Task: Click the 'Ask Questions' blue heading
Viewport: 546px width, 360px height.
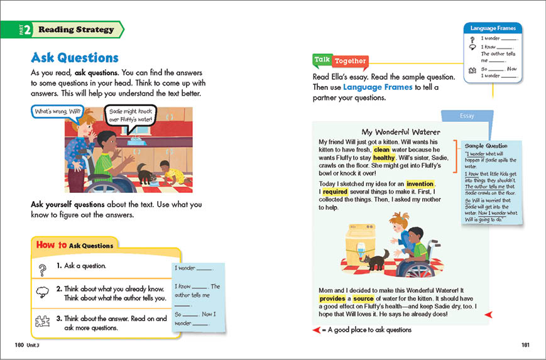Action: pos(75,58)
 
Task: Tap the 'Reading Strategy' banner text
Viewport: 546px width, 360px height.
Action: pos(76,30)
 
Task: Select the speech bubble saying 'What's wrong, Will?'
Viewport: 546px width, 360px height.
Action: pos(58,112)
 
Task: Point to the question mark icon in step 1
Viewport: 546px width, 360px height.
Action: pos(43,269)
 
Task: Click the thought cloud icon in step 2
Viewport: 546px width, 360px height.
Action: pos(43,293)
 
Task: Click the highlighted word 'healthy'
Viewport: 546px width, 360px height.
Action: pos(384,158)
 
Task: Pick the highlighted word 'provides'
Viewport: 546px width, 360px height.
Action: pos(334,298)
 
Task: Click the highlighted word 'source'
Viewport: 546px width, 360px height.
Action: pos(363,298)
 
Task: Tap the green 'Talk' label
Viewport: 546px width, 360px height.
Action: pos(322,60)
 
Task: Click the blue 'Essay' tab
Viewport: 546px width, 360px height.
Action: pos(467,116)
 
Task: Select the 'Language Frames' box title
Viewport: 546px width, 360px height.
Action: pos(493,28)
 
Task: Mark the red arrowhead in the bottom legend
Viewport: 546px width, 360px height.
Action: pos(316,330)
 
